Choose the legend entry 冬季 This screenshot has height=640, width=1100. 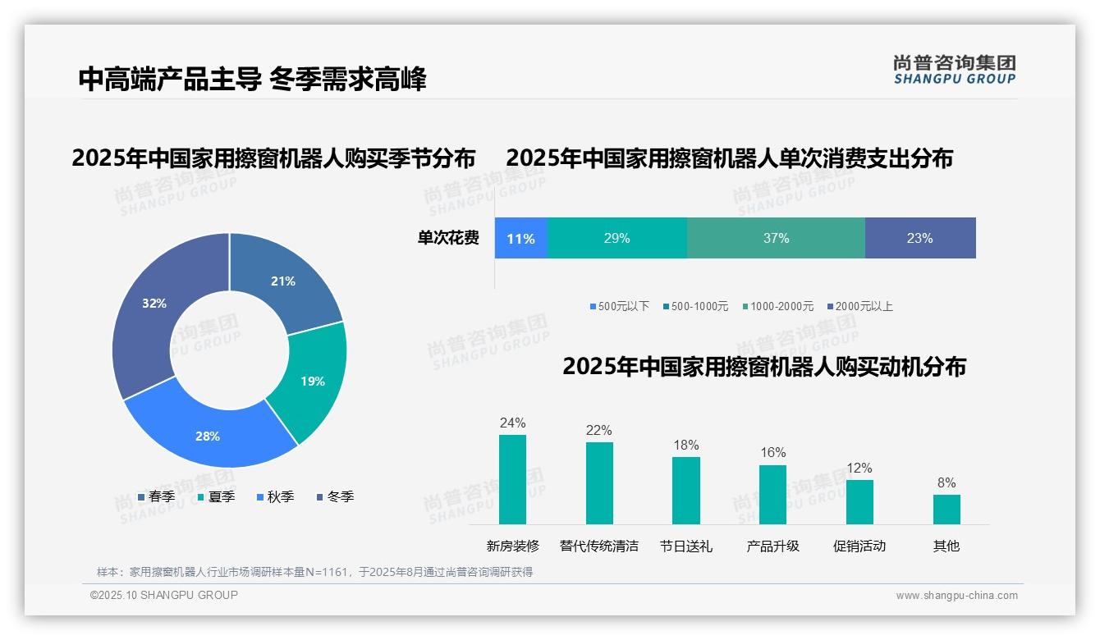coord(340,496)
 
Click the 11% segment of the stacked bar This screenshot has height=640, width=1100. coord(520,239)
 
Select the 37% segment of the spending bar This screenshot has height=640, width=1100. coord(776,239)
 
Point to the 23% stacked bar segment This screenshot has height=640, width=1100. coord(919,239)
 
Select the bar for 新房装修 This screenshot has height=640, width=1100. coord(512,479)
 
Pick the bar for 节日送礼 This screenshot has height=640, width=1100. coord(685,490)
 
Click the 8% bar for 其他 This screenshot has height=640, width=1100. coord(946,509)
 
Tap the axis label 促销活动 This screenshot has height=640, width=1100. coord(859,546)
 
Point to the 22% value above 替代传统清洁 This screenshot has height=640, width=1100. coord(598,430)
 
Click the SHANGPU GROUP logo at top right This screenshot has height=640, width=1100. coord(954,70)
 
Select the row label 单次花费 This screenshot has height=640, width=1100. coord(448,239)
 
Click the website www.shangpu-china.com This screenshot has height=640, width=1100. coord(956,596)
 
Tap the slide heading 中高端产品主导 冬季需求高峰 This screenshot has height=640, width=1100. coord(253,80)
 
